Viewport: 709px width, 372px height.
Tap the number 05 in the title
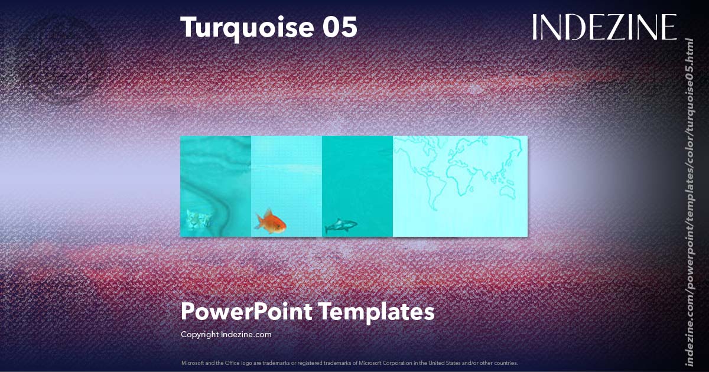(339, 28)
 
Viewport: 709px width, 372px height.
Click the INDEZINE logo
(604, 28)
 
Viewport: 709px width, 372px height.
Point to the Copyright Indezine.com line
(226, 334)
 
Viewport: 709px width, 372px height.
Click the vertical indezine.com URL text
(688, 201)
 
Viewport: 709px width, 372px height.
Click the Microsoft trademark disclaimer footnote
(349, 363)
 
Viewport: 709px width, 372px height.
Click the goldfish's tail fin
(259, 223)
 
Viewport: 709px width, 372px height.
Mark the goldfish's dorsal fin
(269, 213)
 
